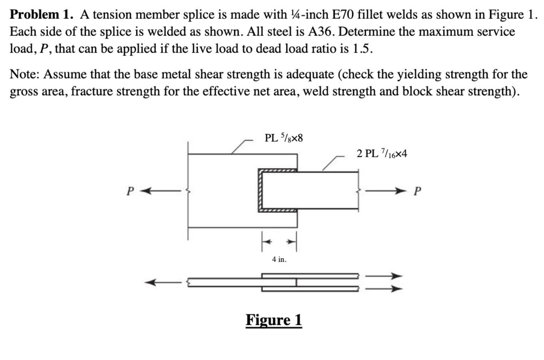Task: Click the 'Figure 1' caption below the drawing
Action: pyautogui.click(x=274, y=320)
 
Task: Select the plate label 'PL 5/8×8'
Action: pyautogui.click(x=284, y=138)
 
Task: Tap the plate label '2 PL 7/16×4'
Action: pyautogui.click(x=382, y=154)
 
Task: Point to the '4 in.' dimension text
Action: pyautogui.click(x=279, y=259)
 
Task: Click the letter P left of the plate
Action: pyautogui.click(x=129, y=192)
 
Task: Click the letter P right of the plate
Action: pyautogui.click(x=417, y=192)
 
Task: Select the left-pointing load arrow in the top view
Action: pyautogui.click(x=160, y=191)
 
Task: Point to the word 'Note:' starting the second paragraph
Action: pyautogui.click(x=25, y=74)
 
